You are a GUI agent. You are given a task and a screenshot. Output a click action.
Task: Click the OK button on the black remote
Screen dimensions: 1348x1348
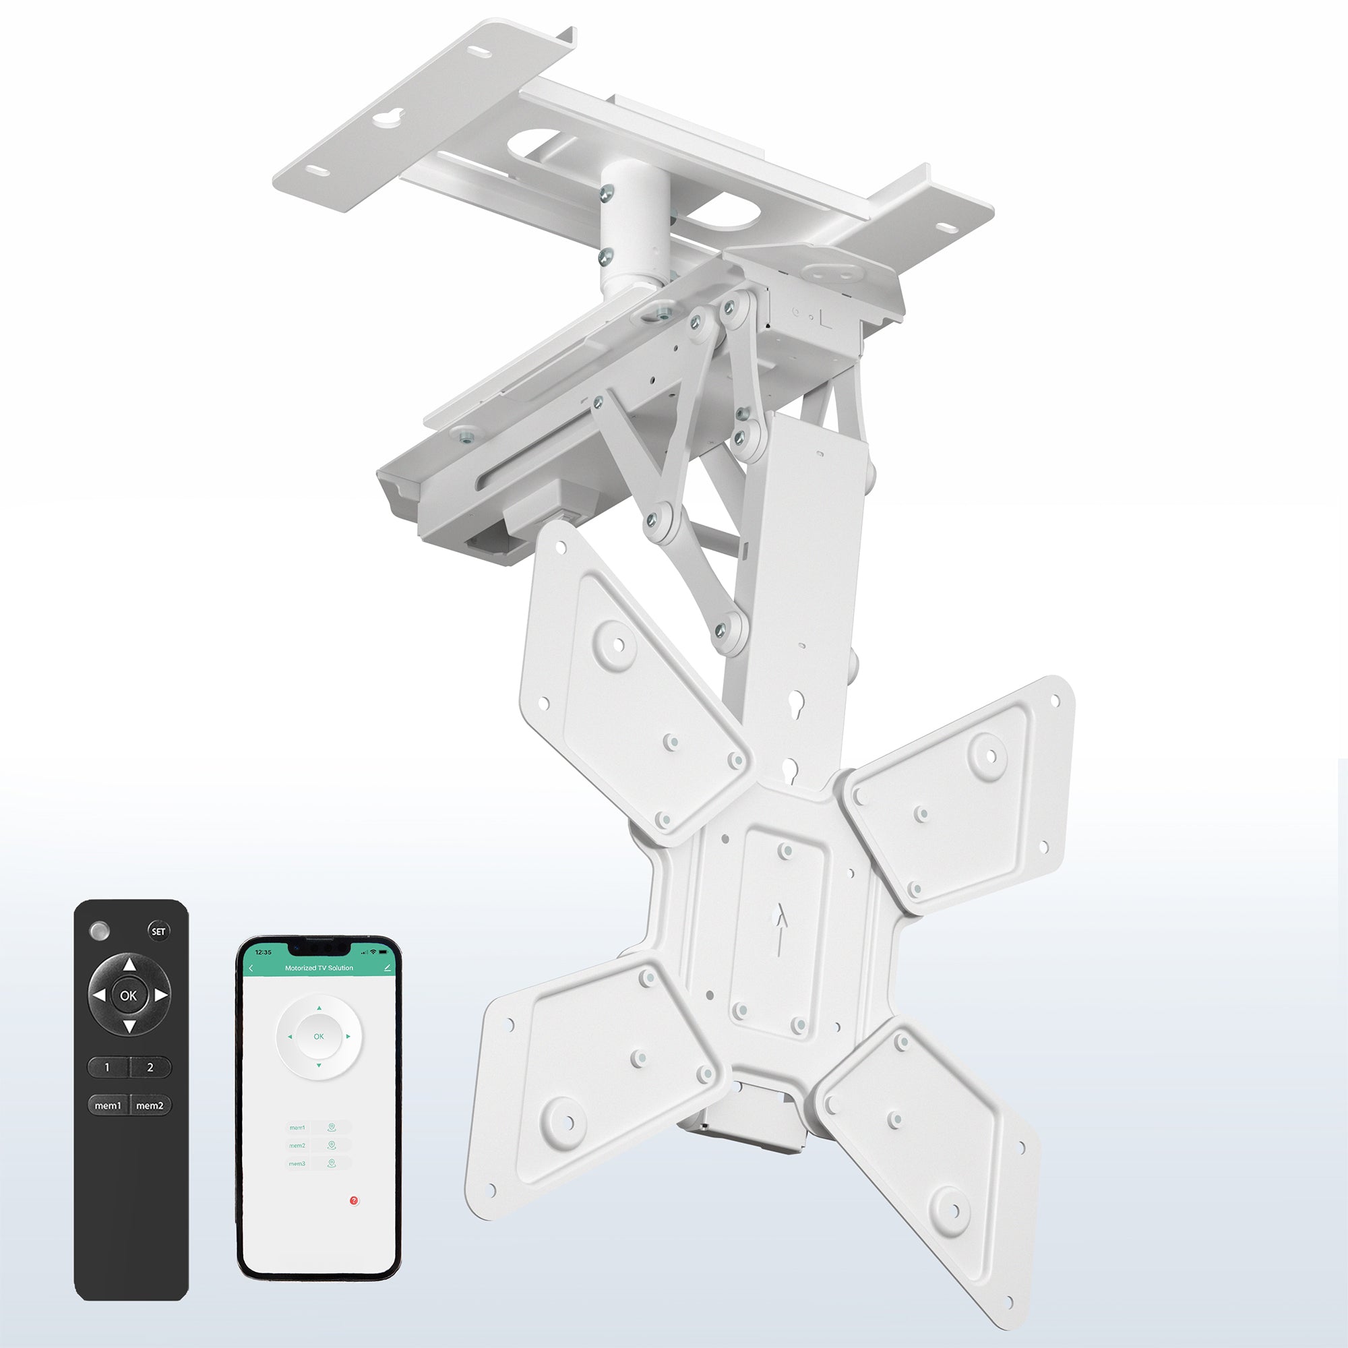point(128,995)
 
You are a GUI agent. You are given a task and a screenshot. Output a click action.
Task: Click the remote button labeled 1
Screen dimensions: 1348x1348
point(106,1067)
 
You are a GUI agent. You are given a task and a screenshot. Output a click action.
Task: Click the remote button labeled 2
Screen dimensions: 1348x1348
point(150,1067)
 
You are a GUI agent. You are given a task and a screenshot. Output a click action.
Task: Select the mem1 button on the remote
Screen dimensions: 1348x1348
point(108,1105)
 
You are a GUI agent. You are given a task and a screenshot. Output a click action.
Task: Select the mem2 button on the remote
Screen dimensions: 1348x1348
point(150,1105)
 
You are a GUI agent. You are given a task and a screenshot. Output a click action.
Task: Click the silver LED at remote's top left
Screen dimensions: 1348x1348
point(100,931)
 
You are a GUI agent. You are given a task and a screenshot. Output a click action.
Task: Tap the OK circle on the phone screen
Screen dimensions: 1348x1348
point(319,1036)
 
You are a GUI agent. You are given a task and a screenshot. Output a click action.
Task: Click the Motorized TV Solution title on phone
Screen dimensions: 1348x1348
point(319,968)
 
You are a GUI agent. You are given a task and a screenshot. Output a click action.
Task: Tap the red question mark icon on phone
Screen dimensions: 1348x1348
point(355,1201)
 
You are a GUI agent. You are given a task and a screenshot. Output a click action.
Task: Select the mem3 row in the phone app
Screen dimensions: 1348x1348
point(317,1163)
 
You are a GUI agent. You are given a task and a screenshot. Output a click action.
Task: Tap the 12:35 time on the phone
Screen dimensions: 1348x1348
point(264,952)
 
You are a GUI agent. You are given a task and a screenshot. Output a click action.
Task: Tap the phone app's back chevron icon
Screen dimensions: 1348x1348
point(251,968)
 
